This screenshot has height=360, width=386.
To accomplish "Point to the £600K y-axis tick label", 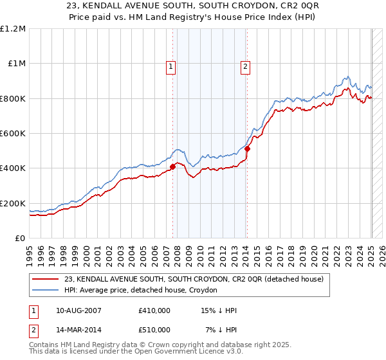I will tap(13, 134).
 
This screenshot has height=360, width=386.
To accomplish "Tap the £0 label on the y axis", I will tap(20, 239).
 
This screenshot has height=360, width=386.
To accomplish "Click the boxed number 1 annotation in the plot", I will tap(171, 66).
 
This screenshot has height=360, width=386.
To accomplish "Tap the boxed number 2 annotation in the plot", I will tap(246, 66).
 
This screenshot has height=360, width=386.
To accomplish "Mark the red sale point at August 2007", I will tap(173, 166).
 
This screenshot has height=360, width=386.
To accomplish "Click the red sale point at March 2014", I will tap(247, 149).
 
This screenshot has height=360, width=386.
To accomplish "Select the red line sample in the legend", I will tap(46, 280).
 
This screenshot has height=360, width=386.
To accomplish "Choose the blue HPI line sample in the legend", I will tap(46, 290).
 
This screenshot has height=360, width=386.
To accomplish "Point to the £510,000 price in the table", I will tap(154, 330).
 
